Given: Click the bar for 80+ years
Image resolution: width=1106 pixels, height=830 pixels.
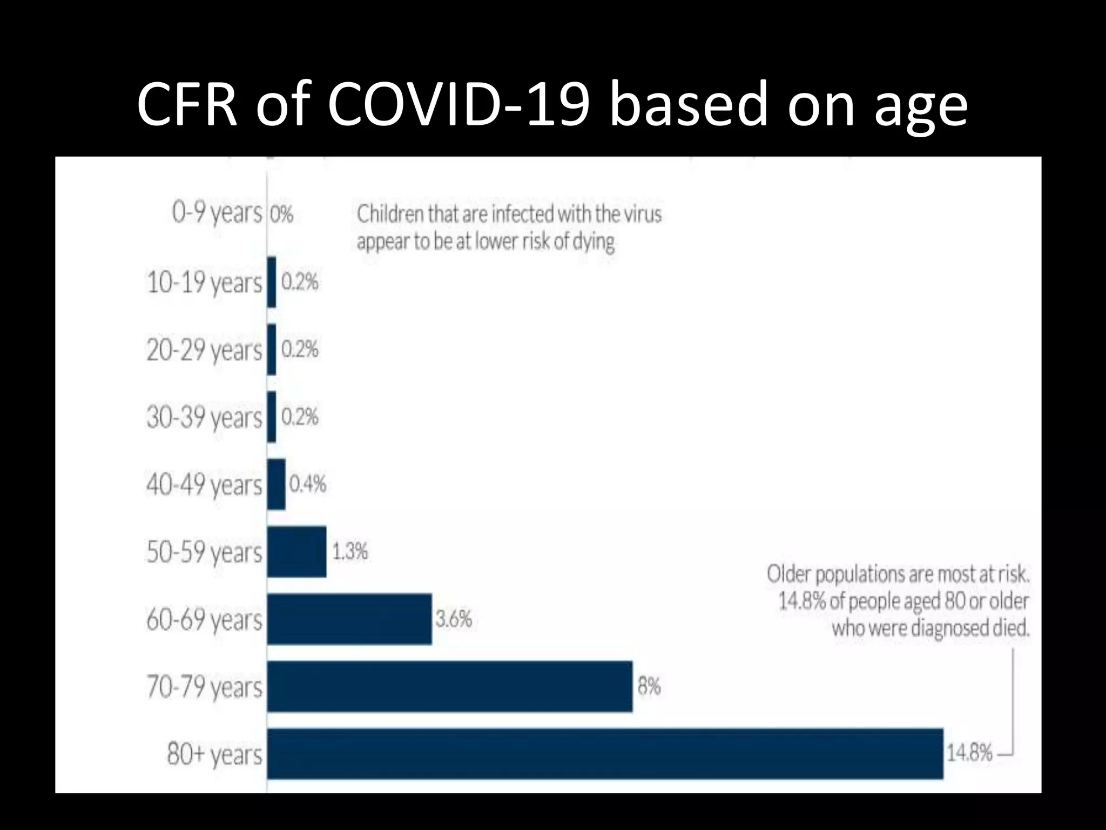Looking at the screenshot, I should click(x=605, y=754).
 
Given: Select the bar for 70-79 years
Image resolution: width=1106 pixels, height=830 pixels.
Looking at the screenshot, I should click(x=449, y=686).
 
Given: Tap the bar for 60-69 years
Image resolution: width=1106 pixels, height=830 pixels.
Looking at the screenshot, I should click(x=349, y=619).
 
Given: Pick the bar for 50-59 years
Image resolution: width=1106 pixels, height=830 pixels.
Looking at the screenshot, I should click(x=296, y=552).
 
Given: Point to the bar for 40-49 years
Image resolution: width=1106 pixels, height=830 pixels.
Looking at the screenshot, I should click(x=276, y=484).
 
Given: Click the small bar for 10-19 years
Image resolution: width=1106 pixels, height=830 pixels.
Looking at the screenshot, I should click(x=272, y=282).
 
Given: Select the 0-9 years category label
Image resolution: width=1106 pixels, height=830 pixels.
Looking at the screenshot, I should click(x=217, y=213).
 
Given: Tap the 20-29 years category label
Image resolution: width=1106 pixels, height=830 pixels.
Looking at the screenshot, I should click(x=204, y=350).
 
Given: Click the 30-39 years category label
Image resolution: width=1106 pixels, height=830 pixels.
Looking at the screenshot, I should click(x=204, y=418).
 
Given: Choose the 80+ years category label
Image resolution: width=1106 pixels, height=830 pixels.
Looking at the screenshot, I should click(x=214, y=754).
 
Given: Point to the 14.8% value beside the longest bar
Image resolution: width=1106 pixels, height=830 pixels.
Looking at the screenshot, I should click(x=969, y=753).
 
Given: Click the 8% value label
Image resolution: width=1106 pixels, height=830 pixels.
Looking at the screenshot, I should click(x=649, y=686).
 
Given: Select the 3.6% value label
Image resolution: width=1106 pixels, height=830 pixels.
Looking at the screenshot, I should click(x=454, y=619).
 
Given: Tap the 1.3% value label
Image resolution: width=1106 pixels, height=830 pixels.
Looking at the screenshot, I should click(x=350, y=552).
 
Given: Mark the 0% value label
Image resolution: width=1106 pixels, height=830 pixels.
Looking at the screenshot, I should click(x=281, y=215).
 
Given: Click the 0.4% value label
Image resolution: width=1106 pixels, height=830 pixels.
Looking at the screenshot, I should click(x=308, y=484).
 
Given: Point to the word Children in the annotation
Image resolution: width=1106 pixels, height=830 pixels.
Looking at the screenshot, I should click(x=390, y=215).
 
